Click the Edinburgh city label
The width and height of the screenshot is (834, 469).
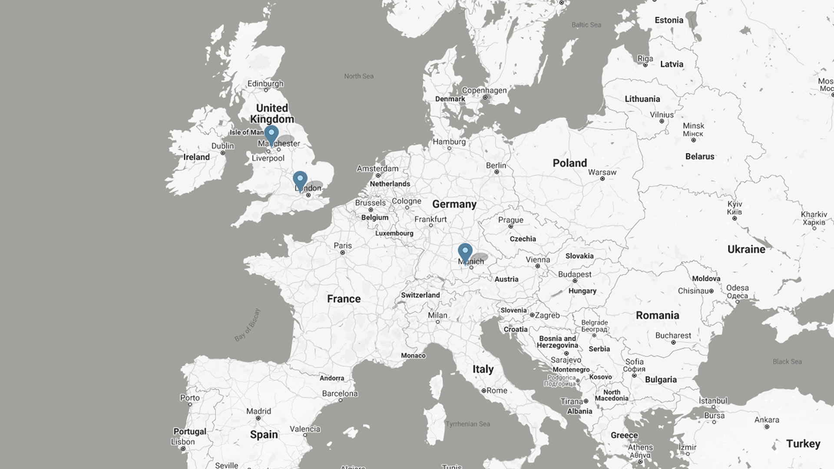point(265,83)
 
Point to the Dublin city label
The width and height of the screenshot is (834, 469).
point(223,146)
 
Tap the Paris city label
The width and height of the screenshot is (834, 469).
point(343,246)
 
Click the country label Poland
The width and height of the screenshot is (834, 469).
point(569,163)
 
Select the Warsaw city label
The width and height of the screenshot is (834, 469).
point(602,172)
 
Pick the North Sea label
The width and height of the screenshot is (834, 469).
point(359,76)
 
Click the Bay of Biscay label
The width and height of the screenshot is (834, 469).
point(248,325)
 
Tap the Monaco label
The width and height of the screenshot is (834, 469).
point(413,356)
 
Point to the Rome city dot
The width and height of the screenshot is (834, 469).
point(484,391)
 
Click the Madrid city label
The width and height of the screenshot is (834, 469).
point(258,411)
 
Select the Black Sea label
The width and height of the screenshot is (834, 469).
point(787,362)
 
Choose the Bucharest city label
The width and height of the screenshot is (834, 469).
point(673,336)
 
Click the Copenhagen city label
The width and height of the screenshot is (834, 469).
point(484,90)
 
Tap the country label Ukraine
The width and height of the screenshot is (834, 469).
point(746,249)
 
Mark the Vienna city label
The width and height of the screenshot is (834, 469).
point(538,260)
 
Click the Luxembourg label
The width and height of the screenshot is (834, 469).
point(394,233)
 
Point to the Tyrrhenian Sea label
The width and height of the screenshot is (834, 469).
point(468,424)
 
